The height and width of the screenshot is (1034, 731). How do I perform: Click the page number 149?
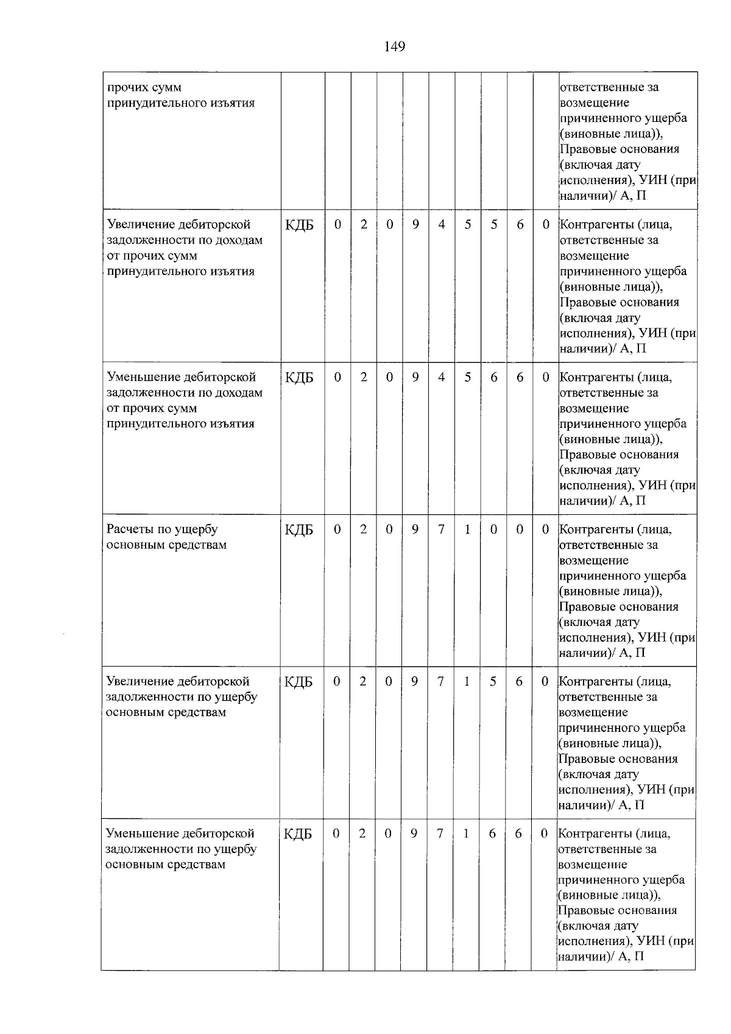point(395,47)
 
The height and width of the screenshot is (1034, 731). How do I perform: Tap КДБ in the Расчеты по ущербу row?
point(299,530)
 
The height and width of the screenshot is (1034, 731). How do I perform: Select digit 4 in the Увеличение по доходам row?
point(442,225)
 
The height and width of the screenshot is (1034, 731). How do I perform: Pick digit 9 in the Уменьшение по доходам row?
point(415,377)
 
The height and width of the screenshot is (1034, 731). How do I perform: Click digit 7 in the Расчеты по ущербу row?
point(441,529)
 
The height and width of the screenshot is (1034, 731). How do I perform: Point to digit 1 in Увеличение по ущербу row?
point(467,681)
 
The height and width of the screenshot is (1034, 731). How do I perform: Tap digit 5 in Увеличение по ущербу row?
point(493,681)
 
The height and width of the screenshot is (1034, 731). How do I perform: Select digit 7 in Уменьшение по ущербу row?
point(440,833)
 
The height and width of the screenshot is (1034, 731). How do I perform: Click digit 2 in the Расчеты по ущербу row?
point(363,529)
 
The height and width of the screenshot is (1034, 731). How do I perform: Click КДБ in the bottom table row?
point(298,834)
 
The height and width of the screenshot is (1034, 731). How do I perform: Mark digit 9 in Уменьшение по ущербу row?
point(414,833)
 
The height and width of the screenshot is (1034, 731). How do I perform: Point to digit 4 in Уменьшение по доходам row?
point(442,377)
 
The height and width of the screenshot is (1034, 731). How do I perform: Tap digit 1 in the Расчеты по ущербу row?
point(467,529)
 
